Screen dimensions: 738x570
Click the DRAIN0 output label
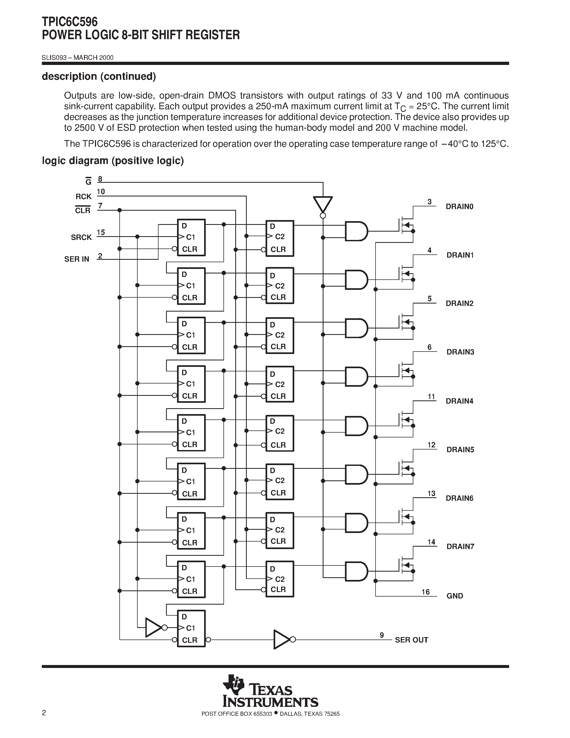459,206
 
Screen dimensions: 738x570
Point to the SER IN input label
77,259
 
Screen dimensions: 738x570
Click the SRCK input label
81,237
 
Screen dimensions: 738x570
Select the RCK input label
83,196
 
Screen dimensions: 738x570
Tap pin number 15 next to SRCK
101,232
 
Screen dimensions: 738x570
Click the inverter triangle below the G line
322,204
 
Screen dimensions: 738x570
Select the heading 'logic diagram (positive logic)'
113,160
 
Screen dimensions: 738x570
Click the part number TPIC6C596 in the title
69,22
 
